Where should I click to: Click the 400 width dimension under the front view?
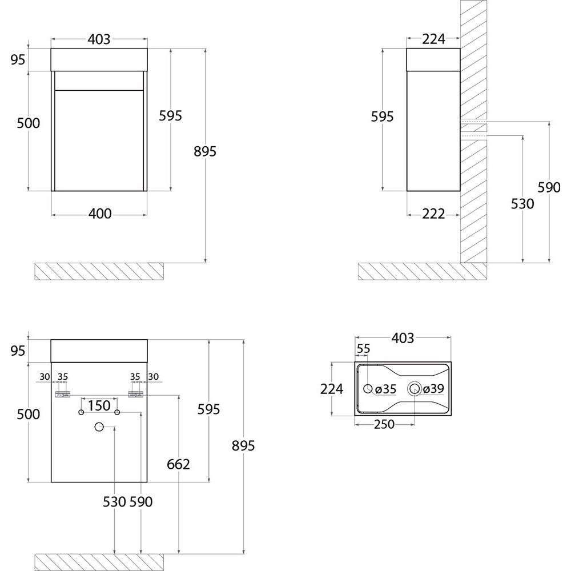100,214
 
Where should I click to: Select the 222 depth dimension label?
433,214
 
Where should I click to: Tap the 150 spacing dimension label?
99,405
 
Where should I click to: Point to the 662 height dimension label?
178,464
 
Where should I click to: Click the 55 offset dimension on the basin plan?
363,348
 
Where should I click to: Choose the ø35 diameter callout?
385,389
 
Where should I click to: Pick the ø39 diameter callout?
433,388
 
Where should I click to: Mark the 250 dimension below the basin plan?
384,424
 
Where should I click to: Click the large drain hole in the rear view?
99,427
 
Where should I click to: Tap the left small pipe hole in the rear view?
81,412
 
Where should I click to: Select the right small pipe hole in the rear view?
117,412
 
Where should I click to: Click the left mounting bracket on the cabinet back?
62,395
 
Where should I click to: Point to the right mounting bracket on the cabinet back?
135,395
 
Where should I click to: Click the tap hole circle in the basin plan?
368,389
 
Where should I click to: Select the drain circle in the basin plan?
415,389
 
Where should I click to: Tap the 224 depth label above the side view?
433,39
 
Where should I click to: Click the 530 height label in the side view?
522,204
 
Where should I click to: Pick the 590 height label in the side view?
549,187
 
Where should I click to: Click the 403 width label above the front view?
99,39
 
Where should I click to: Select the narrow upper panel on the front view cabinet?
99,81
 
